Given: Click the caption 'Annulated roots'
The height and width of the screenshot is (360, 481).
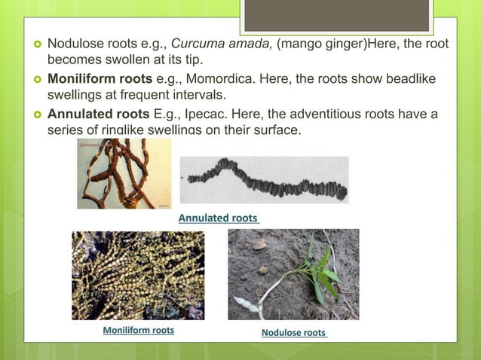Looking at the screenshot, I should (x=219, y=218).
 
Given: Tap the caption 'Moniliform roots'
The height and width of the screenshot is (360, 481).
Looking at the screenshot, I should (x=138, y=330).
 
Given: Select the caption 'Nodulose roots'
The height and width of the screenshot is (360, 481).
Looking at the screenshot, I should (x=294, y=332).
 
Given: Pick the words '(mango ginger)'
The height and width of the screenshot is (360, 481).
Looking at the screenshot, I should (x=320, y=44).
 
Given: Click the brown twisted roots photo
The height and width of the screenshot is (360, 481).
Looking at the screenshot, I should (x=124, y=174).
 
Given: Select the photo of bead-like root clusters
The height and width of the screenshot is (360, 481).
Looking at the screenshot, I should (x=137, y=275).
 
